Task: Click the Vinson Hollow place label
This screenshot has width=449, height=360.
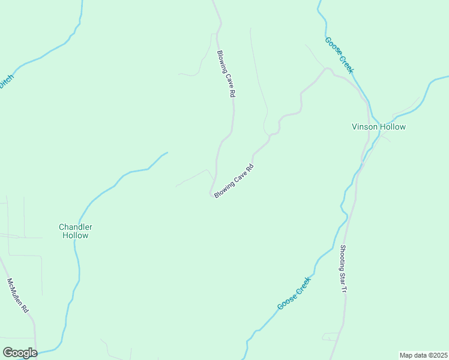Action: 378,127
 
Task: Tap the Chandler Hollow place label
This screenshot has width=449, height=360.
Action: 76,231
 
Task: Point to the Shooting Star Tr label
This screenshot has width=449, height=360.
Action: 343,269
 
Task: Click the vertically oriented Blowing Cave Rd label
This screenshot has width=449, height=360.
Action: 225,74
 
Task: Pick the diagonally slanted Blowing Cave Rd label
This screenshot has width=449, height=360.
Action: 235,181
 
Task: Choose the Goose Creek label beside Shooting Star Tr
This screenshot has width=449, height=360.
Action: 294,293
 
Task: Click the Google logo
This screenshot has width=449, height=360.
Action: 20,353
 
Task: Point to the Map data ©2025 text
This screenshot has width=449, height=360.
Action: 423,355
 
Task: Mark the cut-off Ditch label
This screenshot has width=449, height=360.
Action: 6,80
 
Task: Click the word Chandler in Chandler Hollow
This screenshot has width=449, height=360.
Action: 76,227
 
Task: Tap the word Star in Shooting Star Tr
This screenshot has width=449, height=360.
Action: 343,275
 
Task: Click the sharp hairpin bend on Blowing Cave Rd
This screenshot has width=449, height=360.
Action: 211,194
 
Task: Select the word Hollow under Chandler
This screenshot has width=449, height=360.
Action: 76,236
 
